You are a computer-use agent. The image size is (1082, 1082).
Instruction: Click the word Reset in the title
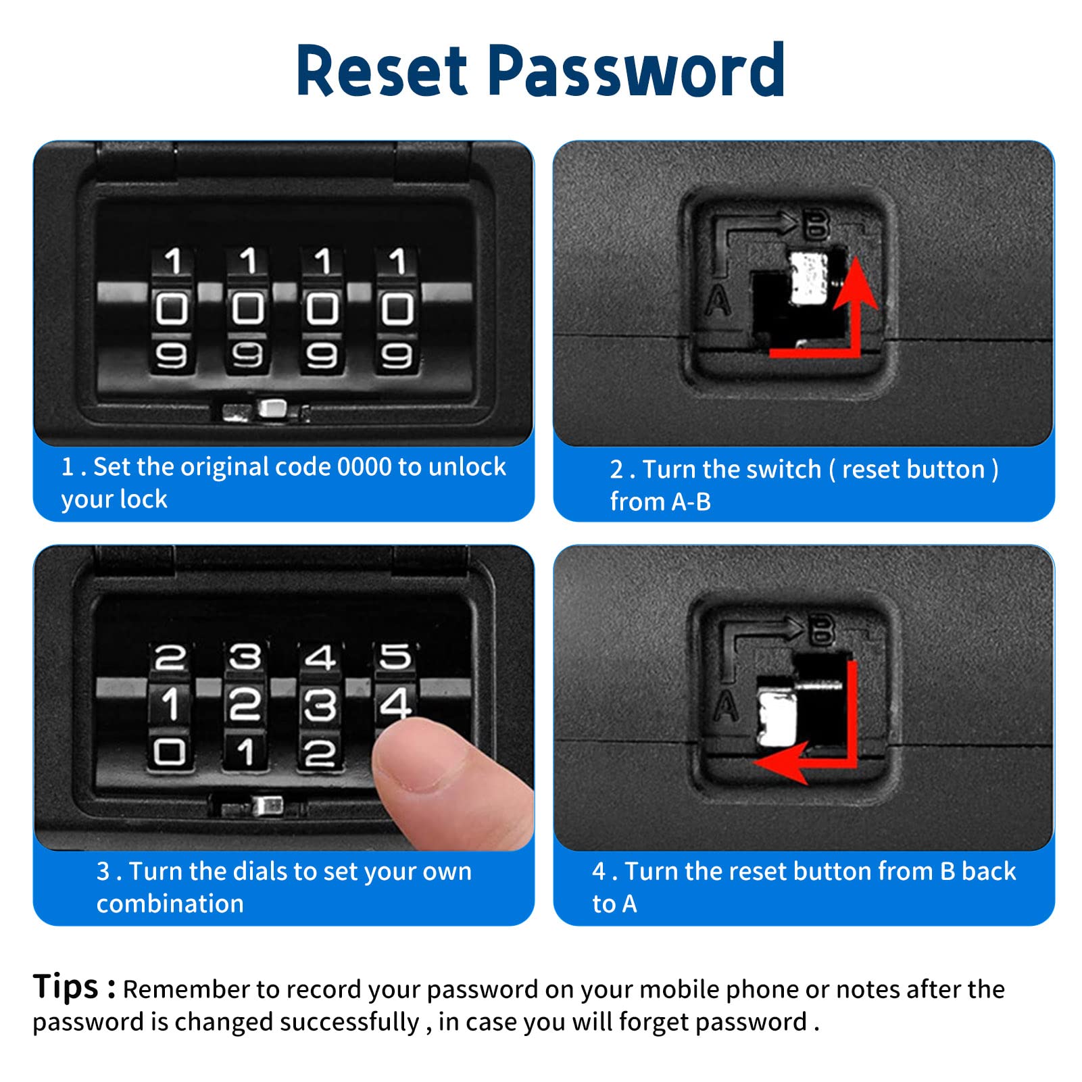[x=382, y=70]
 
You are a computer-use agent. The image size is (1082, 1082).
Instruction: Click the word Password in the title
[x=636, y=70]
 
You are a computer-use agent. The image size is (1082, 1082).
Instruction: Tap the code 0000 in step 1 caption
[x=364, y=467]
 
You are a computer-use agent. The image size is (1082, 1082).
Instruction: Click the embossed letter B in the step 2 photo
[x=816, y=224]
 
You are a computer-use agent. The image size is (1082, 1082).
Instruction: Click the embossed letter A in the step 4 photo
[x=726, y=707]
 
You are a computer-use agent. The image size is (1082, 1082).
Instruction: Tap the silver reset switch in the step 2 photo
[x=808, y=278]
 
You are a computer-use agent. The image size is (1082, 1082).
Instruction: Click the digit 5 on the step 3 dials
[x=395, y=656]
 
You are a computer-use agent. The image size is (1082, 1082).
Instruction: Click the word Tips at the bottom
[x=66, y=986]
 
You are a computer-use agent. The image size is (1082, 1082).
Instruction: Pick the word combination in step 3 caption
[x=170, y=904]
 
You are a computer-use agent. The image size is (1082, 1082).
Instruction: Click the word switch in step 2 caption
[x=785, y=469]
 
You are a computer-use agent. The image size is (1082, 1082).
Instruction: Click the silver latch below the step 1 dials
[x=272, y=408]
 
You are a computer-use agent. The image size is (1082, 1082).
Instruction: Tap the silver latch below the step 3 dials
[x=267, y=806]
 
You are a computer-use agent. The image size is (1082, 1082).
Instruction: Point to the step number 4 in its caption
[x=599, y=872]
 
